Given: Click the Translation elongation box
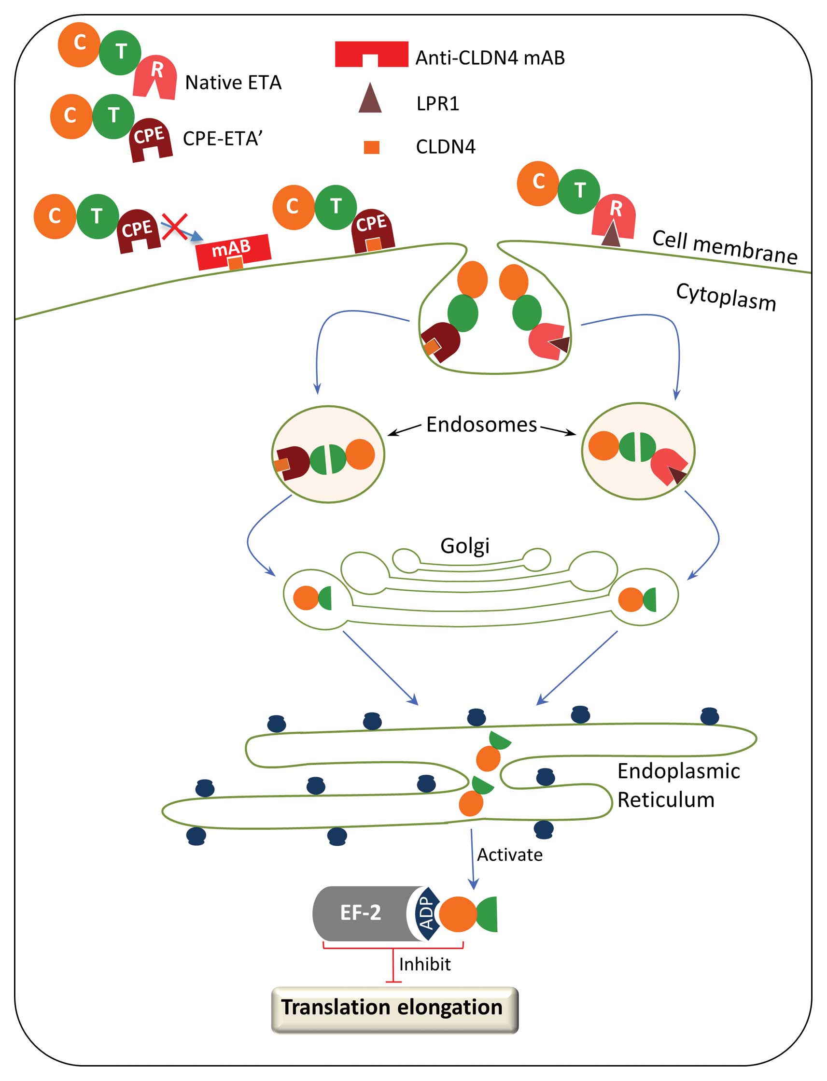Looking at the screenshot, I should point(394,1008).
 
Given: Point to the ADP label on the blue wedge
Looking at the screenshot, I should point(426,912).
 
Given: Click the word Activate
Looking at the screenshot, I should point(509,854).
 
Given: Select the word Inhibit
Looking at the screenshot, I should point(424,964).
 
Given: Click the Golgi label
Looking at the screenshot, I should point(465,545).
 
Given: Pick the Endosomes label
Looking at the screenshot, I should point(481,425).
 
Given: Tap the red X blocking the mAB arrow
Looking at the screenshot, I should point(175,227).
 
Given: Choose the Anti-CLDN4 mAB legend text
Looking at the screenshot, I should point(490,57).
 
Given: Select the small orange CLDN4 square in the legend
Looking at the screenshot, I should point(372,147).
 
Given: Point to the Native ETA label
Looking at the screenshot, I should point(233,82).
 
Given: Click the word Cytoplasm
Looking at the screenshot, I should point(726,297).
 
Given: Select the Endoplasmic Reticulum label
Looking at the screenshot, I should point(678,785).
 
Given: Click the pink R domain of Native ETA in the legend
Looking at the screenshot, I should point(155,76).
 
